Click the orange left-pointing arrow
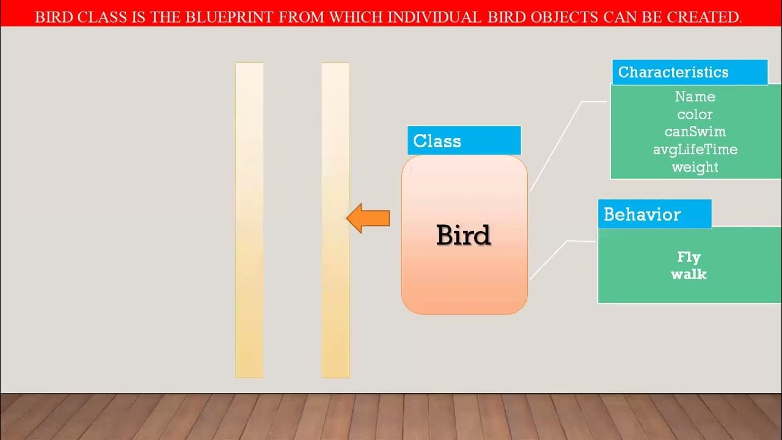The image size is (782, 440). tap(368, 218)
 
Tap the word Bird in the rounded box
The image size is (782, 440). tap(463, 235)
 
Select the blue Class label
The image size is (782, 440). tap(463, 141)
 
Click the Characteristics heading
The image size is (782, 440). tap(673, 72)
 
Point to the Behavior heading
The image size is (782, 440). tap(642, 215)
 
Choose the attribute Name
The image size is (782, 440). tap(695, 97)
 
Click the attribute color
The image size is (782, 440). tap(695, 114)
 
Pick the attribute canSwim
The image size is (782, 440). tap(695, 131)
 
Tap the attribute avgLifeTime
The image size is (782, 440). tap(695, 149)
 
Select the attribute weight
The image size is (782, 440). tap(695, 167)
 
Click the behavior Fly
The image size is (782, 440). tap(689, 257)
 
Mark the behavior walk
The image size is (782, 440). tap(689, 274)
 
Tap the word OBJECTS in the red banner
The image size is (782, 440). tap(560, 17)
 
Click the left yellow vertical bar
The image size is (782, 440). tap(249, 220)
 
